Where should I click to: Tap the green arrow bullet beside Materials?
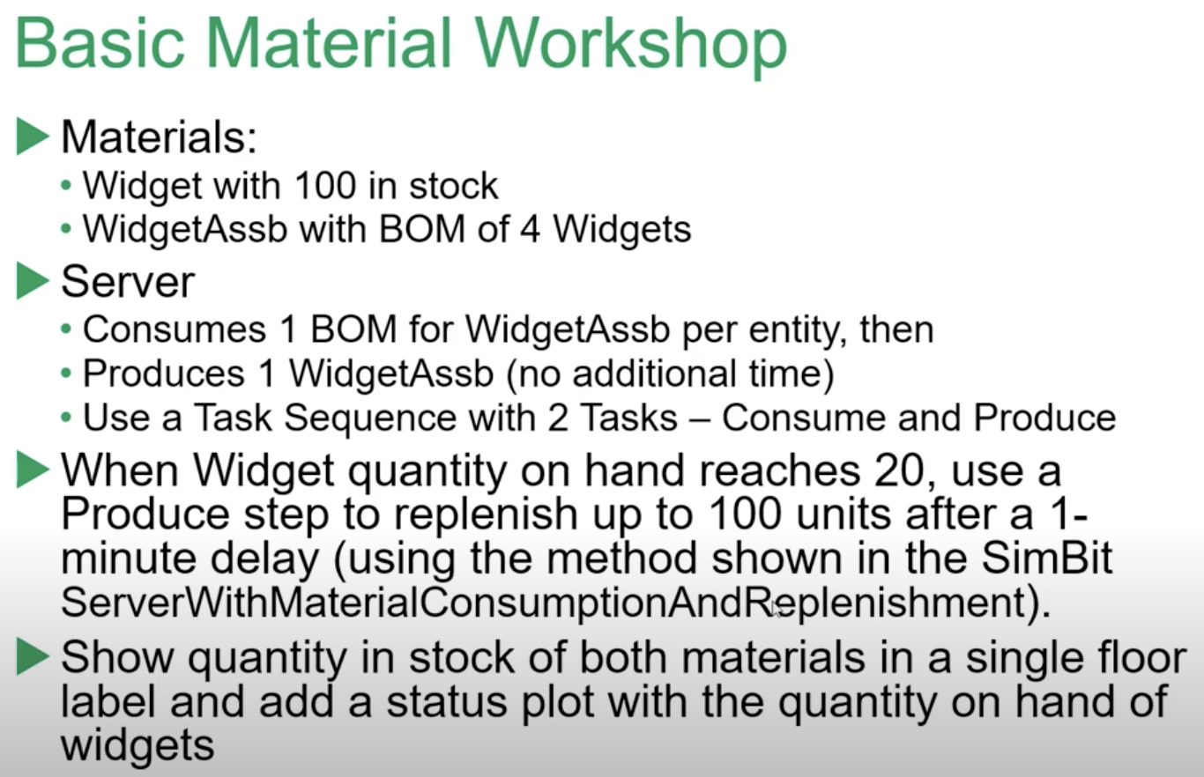33,137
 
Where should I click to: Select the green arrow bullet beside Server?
33,282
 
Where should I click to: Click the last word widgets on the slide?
137,745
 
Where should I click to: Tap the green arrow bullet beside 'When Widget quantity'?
33,471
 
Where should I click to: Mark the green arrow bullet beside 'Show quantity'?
33,658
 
